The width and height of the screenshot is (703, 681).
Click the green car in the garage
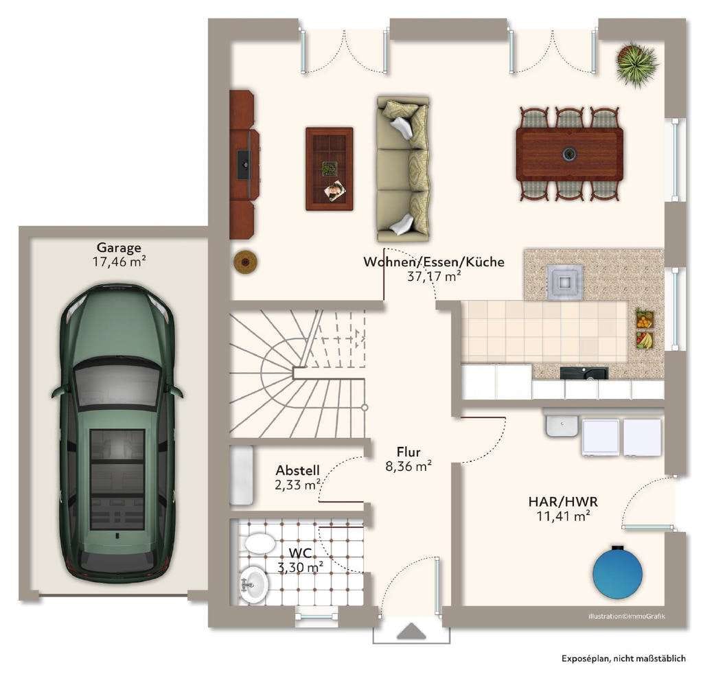(x=117, y=432)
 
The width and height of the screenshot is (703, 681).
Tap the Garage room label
(x=119, y=247)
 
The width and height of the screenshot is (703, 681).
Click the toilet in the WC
(x=258, y=542)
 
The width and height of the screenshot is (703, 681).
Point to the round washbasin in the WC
(x=254, y=585)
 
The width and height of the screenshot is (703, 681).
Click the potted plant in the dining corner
(x=636, y=64)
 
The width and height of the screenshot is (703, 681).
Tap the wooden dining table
(x=569, y=154)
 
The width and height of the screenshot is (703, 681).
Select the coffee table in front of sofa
(x=329, y=169)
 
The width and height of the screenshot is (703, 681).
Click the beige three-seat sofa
(x=402, y=169)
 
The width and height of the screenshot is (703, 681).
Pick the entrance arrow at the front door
(x=411, y=631)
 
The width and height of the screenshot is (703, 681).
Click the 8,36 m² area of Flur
(x=408, y=466)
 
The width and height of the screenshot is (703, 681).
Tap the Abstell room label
(x=298, y=470)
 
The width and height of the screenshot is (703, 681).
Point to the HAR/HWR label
(x=563, y=501)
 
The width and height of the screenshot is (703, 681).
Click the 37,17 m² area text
(x=434, y=276)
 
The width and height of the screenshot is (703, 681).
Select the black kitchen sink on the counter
(x=584, y=373)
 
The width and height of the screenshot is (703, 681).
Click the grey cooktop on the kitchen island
(x=565, y=281)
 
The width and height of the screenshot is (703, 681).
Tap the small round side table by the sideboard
(x=245, y=262)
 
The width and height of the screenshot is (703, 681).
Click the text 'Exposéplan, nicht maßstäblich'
(x=623, y=658)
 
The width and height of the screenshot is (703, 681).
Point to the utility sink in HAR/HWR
(x=562, y=425)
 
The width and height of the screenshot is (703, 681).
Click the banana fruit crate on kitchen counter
(x=645, y=340)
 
